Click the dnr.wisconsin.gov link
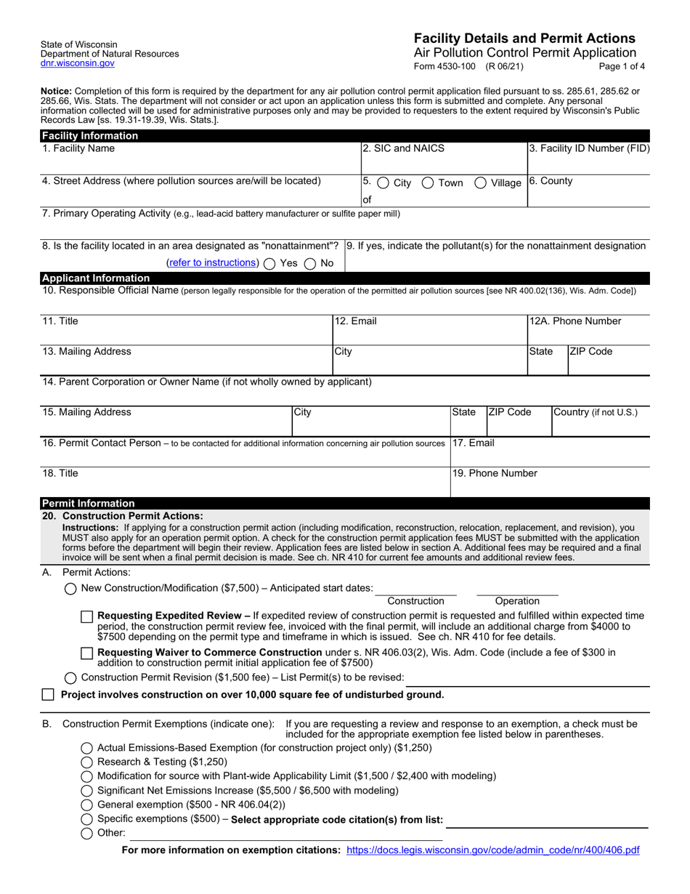tap(78, 64)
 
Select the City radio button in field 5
tap(383, 183)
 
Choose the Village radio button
tap(481, 183)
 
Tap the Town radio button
tap(429, 183)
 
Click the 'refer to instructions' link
tap(212, 263)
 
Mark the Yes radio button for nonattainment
tap(269, 264)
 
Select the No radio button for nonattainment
tap(310, 264)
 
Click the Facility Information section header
tap(90, 136)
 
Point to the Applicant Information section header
tap(96, 278)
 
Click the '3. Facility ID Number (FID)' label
tap(589, 149)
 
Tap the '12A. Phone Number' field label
tap(575, 321)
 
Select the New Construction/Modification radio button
tap(70, 589)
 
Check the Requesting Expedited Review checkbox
tap(87, 616)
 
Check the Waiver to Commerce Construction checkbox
tap(87, 653)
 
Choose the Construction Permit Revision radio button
tap(70, 678)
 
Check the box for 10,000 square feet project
tap(48, 695)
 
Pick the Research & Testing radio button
tap(86, 762)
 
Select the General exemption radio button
tap(86, 805)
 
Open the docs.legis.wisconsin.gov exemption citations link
tap(493, 850)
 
